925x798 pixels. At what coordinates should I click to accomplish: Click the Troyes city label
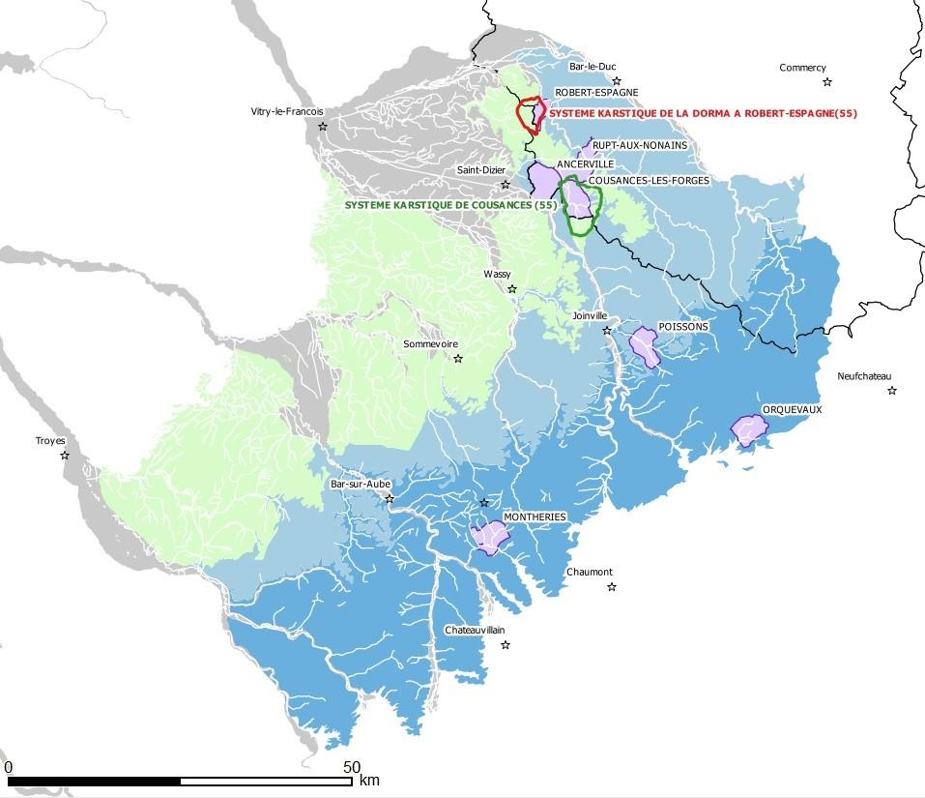tap(50, 441)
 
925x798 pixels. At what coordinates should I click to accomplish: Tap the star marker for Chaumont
tap(611, 587)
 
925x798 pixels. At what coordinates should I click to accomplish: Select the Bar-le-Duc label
tap(593, 67)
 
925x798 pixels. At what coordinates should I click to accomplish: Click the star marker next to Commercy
tap(827, 82)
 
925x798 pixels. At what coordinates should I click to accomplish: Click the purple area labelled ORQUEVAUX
tap(747, 429)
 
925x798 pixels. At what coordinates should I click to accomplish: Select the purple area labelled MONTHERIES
tap(489, 537)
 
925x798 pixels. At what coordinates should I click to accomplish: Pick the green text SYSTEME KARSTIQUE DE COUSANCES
tap(451, 205)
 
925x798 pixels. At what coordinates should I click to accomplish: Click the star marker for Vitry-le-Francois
tap(323, 127)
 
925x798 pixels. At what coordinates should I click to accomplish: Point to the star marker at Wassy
tap(512, 289)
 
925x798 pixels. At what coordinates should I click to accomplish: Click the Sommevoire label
tap(430, 344)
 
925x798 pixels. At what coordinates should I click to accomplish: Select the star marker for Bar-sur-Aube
tap(390, 499)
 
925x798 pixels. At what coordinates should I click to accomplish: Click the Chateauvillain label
tap(474, 630)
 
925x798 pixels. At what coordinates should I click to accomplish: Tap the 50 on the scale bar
tap(352, 766)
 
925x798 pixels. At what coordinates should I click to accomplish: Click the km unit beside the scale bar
tap(369, 780)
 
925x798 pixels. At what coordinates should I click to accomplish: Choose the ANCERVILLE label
tap(585, 164)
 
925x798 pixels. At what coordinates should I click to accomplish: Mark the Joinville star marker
tap(607, 331)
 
